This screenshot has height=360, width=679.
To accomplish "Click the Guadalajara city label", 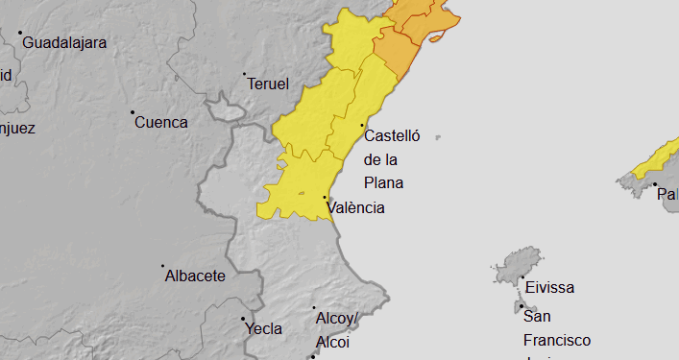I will [64, 43].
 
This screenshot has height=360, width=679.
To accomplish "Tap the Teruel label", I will [268, 84].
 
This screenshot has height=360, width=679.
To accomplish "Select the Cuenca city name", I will [160, 123].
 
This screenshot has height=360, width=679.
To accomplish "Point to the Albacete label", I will [195, 276].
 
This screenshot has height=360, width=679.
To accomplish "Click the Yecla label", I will [264, 328].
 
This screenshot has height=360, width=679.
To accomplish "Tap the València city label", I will [355, 207].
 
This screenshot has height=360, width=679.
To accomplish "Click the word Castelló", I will [392, 136].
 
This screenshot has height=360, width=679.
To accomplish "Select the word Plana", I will [383, 182].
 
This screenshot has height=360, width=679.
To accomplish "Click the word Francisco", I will [557, 340].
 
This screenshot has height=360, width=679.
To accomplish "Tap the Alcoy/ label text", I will [335, 318].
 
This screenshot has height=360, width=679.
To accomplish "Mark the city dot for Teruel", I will [244, 74].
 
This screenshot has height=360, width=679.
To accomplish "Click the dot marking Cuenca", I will [133, 112].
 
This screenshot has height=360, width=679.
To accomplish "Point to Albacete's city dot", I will [162, 266].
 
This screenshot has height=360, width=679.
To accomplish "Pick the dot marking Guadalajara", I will [20, 33].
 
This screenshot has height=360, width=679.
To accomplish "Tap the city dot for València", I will [325, 198].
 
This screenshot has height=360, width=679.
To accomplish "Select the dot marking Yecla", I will [243, 319].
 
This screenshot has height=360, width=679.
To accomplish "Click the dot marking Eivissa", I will [521, 278].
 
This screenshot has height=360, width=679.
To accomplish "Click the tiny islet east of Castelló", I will [437, 137].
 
